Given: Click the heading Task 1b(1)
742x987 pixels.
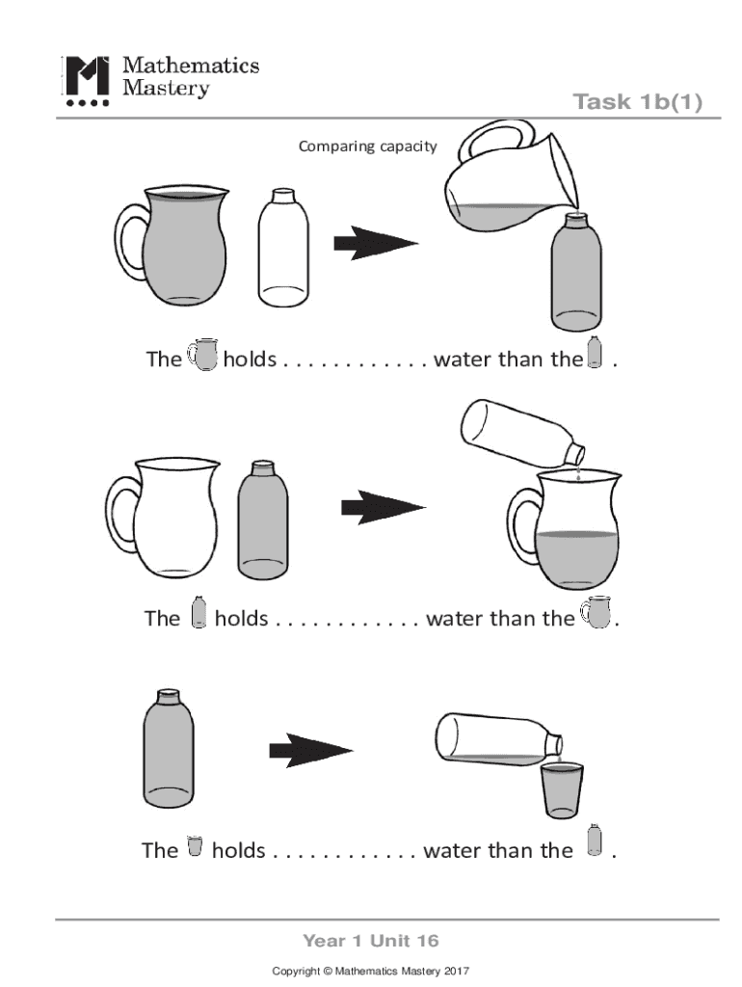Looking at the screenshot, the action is coord(638,101).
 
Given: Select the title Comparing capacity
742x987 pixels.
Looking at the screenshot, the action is coord(367,147).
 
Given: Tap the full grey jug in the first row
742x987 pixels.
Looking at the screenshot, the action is coord(172,245).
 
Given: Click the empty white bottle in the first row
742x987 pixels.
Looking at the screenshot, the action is coord(283,248).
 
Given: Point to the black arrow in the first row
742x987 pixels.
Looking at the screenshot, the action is coord(376,243).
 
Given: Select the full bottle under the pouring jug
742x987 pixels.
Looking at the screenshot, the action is coord(576,271).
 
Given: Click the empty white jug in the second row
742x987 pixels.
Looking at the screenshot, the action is coord(163,518).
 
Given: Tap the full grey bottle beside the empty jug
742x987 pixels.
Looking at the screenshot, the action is coord(263,520).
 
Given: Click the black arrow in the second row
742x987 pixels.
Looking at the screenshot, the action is coord(384,507).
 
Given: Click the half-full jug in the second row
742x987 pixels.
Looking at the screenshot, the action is coord(565,529).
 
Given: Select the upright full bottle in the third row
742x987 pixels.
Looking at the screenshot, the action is coord(168,748).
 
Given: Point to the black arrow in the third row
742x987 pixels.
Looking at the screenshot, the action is coord(311,750).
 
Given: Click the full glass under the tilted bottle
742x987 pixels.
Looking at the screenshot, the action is coord(562,790).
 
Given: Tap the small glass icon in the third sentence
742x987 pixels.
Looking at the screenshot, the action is coord(195,846).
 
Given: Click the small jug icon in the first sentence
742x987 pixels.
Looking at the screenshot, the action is coord(202,355).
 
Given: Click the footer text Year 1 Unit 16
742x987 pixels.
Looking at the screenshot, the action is coord(371,941).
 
